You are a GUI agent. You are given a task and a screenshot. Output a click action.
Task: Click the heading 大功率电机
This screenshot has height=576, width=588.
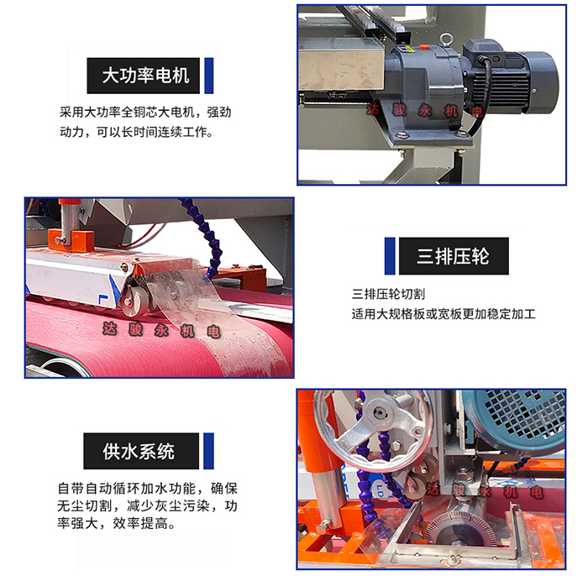(x=145, y=76)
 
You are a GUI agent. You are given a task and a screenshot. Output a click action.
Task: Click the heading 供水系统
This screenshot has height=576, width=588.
(x=140, y=451)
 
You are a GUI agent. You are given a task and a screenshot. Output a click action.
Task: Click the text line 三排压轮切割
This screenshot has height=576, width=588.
(x=388, y=296)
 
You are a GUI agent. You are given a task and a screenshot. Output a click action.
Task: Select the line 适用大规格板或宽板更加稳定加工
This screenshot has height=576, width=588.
(x=444, y=315)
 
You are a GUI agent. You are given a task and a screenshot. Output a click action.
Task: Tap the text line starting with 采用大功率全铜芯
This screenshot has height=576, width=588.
(x=144, y=113)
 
